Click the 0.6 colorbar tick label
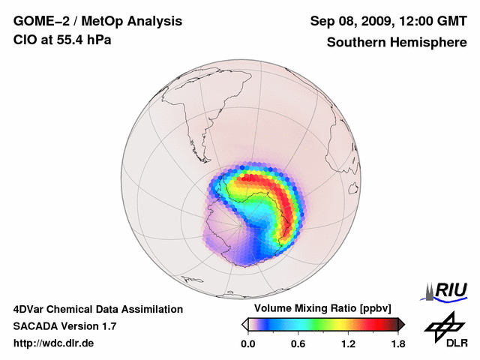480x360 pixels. tap(298, 344)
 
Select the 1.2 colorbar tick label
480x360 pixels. tap(348, 344)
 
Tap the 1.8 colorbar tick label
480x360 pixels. tap(398, 344)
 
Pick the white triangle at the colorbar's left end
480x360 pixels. tap(244, 324)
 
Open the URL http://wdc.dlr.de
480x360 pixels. tap(54, 343)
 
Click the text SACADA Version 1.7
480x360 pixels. tap(64, 326)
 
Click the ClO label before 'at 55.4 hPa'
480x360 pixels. tap(25, 39)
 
